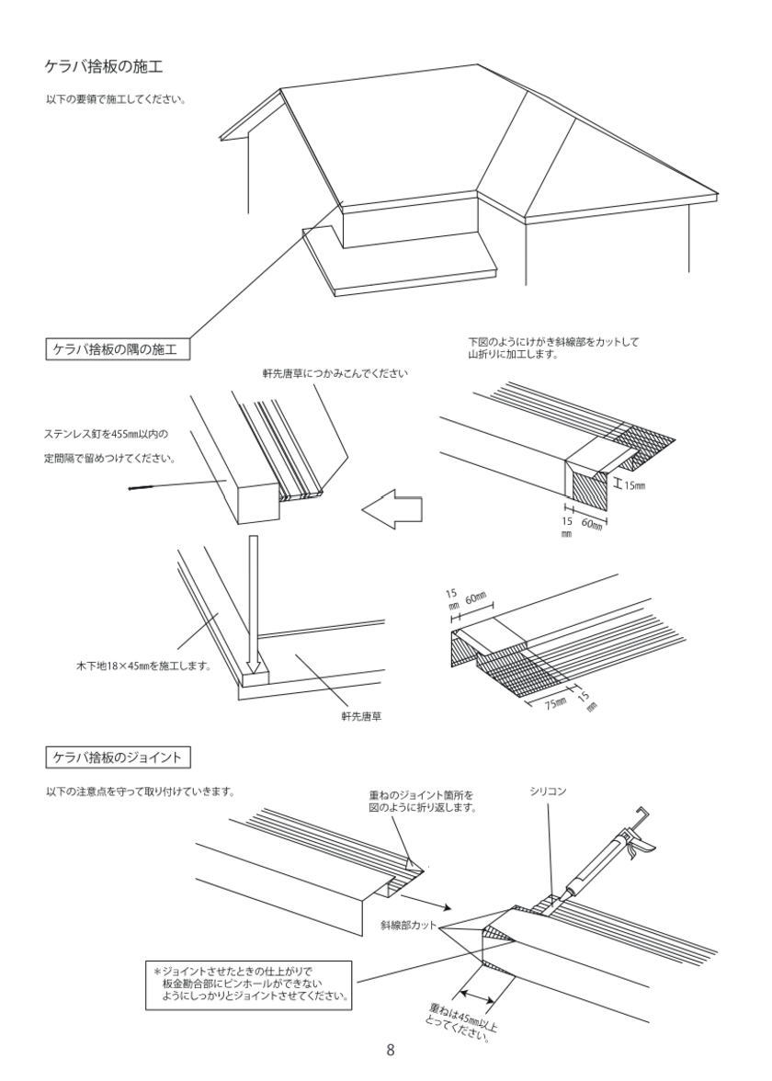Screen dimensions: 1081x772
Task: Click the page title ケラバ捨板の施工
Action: (105, 66)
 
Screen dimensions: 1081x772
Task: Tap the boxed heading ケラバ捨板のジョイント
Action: (118, 757)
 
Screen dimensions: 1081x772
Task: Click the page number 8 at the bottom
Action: (391, 1050)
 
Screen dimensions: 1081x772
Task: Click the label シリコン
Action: (548, 790)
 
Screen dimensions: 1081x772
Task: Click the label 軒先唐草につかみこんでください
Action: (335, 373)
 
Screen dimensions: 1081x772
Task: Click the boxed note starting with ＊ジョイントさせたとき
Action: (250, 984)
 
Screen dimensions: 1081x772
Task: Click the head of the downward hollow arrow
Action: (254, 668)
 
